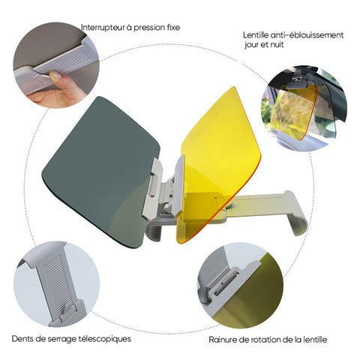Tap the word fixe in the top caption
click(x=173, y=27)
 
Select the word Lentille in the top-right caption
click(x=256, y=35)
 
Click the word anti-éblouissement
click(x=307, y=35)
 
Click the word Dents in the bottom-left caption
click(x=22, y=339)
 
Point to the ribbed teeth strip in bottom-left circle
click(x=54, y=283)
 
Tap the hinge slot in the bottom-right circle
click(x=223, y=281)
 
